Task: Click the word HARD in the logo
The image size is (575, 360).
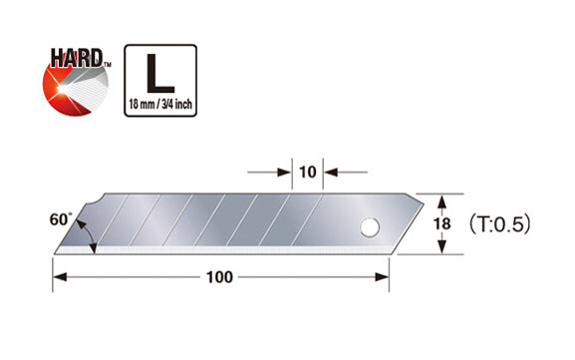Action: coord(76,58)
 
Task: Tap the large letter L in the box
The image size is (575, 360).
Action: coord(160,74)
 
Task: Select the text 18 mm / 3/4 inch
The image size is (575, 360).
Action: coord(160,105)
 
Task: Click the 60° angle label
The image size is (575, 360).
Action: coord(60,219)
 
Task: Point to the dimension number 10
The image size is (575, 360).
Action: coord(307,172)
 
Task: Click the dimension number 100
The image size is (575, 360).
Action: coord(219,277)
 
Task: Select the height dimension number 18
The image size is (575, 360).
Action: coord(441,223)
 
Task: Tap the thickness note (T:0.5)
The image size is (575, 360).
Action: coord(500,223)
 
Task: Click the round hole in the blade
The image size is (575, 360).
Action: coord(370,227)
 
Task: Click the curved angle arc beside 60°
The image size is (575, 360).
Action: coord(90,233)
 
